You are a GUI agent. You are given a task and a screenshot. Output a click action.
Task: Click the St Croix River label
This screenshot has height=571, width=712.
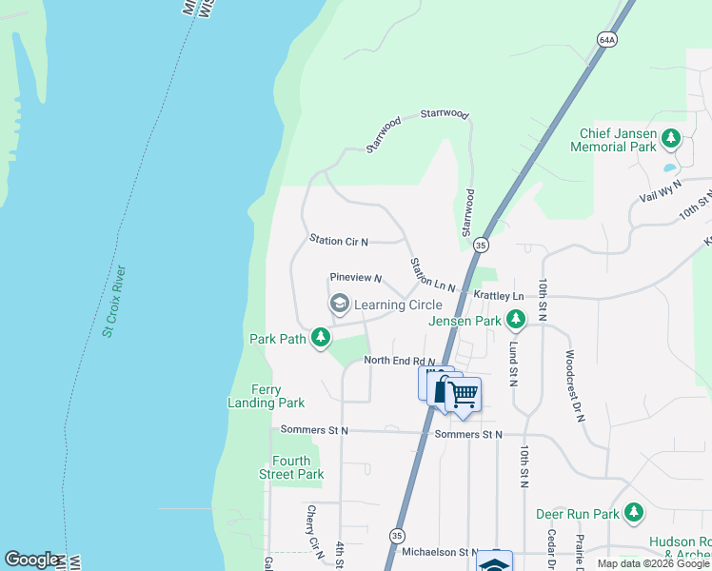[x=115, y=302]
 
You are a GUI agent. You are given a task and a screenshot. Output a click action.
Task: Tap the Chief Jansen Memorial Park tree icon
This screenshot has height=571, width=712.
[x=671, y=139]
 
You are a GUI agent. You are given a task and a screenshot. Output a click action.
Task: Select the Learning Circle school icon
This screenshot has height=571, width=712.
[x=338, y=304]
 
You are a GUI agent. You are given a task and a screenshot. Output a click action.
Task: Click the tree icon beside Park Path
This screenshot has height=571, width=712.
[x=322, y=338]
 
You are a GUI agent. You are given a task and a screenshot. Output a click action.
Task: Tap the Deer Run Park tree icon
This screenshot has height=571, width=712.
[x=633, y=514]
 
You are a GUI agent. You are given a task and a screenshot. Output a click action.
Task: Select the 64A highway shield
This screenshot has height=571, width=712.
[x=608, y=39]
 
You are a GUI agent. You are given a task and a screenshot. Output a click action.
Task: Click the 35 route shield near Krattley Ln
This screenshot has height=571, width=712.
[x=481, y=246]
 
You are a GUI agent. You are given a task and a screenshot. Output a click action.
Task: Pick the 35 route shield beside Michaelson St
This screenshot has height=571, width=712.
[x=396, y=536]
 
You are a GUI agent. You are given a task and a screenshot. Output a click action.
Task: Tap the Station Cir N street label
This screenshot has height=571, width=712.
[x=338, y=241]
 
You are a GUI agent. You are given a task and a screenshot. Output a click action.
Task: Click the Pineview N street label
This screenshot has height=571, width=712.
[x=355, y=278]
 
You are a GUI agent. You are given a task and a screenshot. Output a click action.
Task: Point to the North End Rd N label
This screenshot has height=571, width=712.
[x=399, y=361]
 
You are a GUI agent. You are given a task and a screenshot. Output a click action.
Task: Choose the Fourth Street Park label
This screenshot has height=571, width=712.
[x=291, y=467]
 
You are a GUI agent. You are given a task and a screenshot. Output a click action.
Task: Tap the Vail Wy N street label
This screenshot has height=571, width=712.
[x=661, y=190]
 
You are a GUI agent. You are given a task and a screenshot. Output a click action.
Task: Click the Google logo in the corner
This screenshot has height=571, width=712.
[x=31, y=560]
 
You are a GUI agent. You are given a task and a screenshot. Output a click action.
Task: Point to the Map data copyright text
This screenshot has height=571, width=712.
[x=653, y=563]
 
